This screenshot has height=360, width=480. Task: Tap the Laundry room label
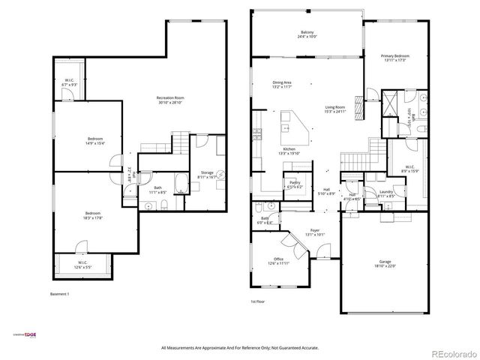pyautogui.click(x=387, y=193)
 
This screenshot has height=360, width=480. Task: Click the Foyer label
pyautogui.click(x=315, y=232)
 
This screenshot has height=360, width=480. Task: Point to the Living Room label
pyautogui.click(x=334, y=109)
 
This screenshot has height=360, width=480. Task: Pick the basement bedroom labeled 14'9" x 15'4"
pyautogui.click(x=94, y=140)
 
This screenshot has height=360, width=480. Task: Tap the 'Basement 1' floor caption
pyautogui.click(x=59, y=293)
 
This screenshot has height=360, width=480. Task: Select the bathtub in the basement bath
pyautogui.click(x=181, y=183)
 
